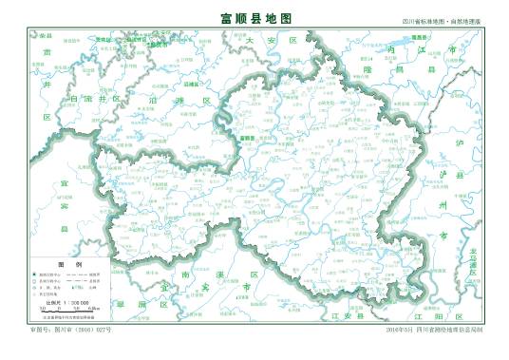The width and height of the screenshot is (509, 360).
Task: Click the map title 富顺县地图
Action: [254, 18]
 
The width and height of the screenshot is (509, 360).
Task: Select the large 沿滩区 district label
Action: [172, 99]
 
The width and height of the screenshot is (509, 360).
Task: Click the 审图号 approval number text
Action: [71, 329]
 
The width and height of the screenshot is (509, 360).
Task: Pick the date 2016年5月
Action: [398, 329]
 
